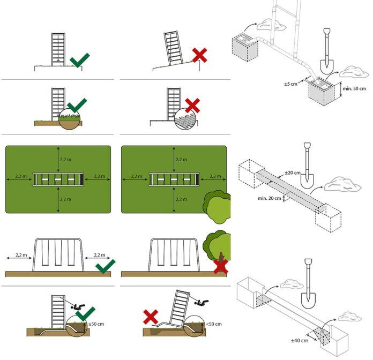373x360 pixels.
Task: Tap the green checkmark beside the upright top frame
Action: [79, 60]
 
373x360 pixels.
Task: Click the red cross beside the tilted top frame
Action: [199, 55]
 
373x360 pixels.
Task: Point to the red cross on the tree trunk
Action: [220, 266]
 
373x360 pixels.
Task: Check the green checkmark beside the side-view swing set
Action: [105, 266]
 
